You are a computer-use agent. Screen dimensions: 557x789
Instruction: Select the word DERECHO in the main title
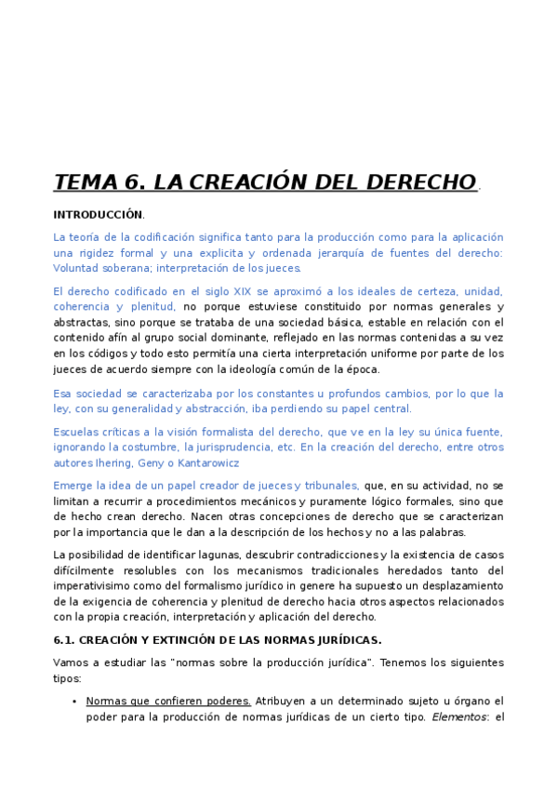[x=422, y=182]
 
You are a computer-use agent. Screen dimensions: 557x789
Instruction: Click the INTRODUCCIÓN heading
[x=98, y=214]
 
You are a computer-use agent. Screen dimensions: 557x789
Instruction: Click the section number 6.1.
[x=64, y=640]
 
